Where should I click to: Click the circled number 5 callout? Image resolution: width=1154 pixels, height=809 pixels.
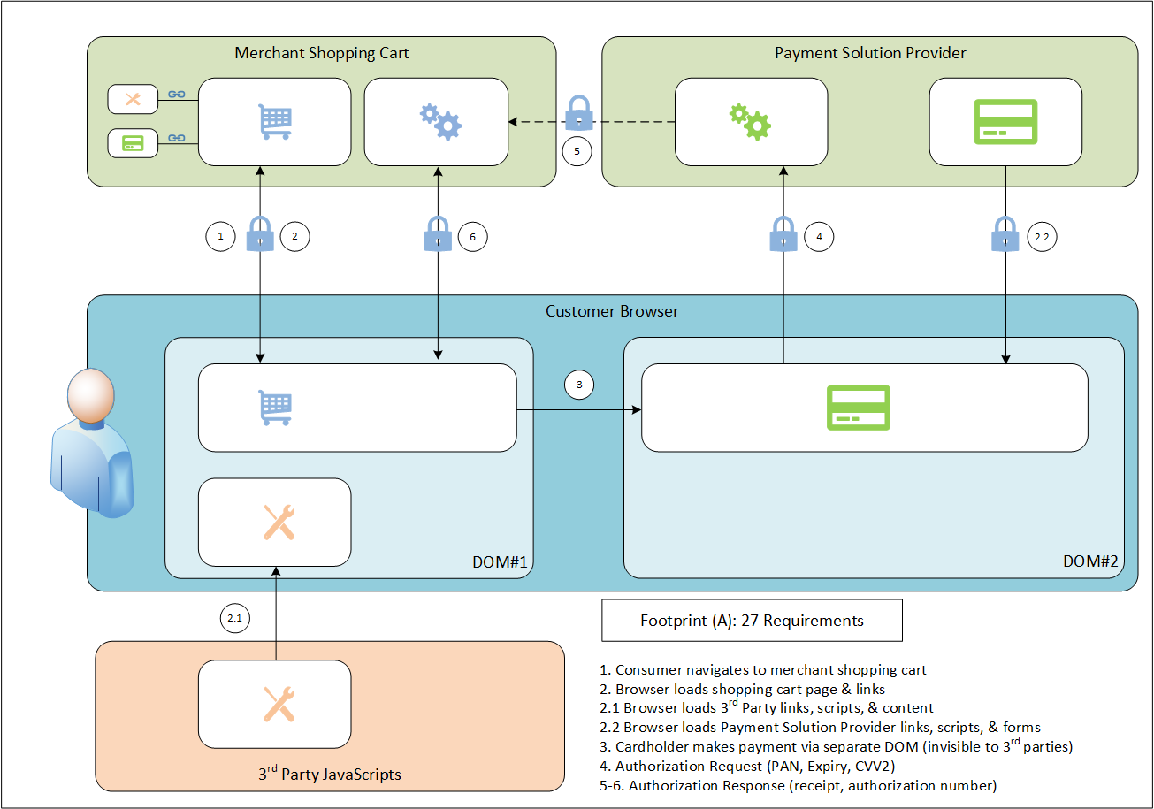[577, 151]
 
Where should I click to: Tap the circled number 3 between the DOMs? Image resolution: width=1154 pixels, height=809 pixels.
[578, 385]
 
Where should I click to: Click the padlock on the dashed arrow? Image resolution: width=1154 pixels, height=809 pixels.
[578, 113]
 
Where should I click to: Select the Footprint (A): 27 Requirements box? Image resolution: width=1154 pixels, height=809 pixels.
[752, 621]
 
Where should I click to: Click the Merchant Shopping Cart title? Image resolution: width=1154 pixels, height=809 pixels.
[322, 53]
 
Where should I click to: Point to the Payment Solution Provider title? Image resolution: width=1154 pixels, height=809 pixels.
[870, 53]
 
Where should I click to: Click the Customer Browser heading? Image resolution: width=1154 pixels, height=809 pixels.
[612, 311]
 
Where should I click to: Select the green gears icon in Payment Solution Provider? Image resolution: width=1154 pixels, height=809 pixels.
[749, 122]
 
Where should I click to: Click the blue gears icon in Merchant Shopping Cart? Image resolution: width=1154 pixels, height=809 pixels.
[439, 122]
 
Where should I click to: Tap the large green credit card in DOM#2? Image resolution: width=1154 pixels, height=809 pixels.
[858, 408]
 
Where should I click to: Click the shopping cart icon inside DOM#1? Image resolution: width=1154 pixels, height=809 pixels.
[274, 408]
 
